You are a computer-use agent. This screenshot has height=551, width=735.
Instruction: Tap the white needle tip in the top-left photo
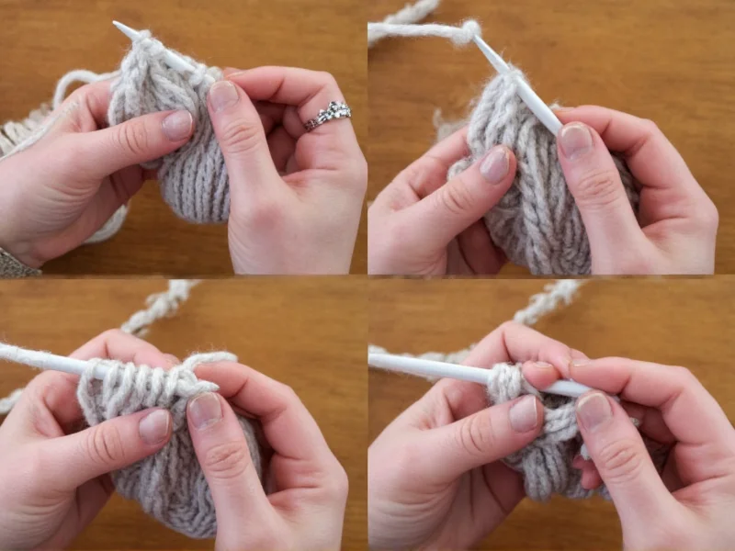(x=120, y=28)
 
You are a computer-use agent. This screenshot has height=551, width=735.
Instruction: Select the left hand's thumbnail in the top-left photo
(x=177, y=125)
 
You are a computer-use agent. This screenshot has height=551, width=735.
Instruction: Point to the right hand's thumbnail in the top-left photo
(x=223, y=96)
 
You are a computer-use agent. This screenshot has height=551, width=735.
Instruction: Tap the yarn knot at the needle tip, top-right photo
(x=470, y=32)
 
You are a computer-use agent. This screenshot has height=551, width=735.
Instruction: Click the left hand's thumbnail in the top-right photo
(x=495, y=163)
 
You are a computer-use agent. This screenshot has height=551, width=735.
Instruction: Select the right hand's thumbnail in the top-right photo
(x=576, y=140)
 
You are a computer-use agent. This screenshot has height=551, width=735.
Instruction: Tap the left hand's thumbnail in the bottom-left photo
(x=154, y=425)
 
